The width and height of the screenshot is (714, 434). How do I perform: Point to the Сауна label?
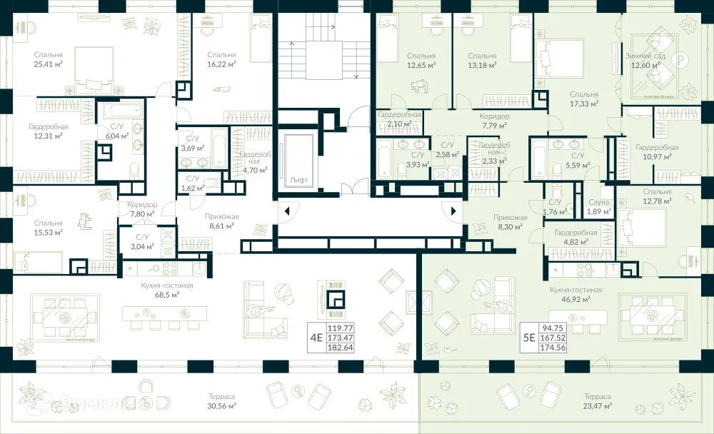click(599, 203)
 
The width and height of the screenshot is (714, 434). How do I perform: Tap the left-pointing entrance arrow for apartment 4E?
click(287, 211)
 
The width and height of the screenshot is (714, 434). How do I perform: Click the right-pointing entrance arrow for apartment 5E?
click(453, 211)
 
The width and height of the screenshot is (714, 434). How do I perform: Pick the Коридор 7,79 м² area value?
click(494, 125)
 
